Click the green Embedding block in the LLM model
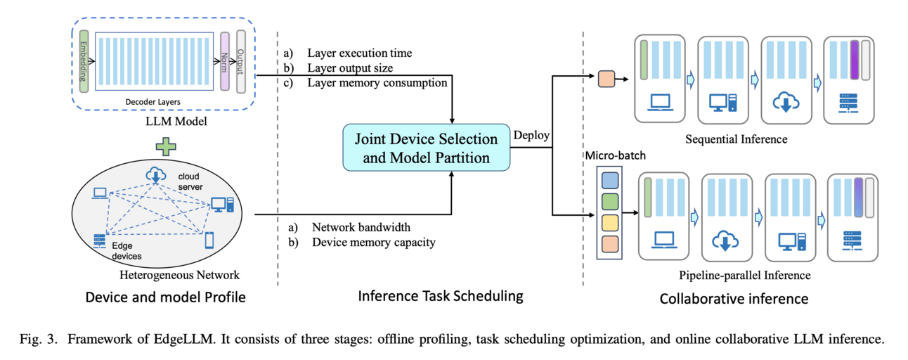click(84, 62)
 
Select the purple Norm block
click(225, 62)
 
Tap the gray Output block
click(242, 62)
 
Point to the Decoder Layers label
click(154, 102)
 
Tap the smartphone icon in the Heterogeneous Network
click(209, 240)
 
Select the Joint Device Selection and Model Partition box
click(427, 148)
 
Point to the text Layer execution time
click(359, 53)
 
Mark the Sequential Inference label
click(736, 139)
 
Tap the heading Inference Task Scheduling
click(441, 296)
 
